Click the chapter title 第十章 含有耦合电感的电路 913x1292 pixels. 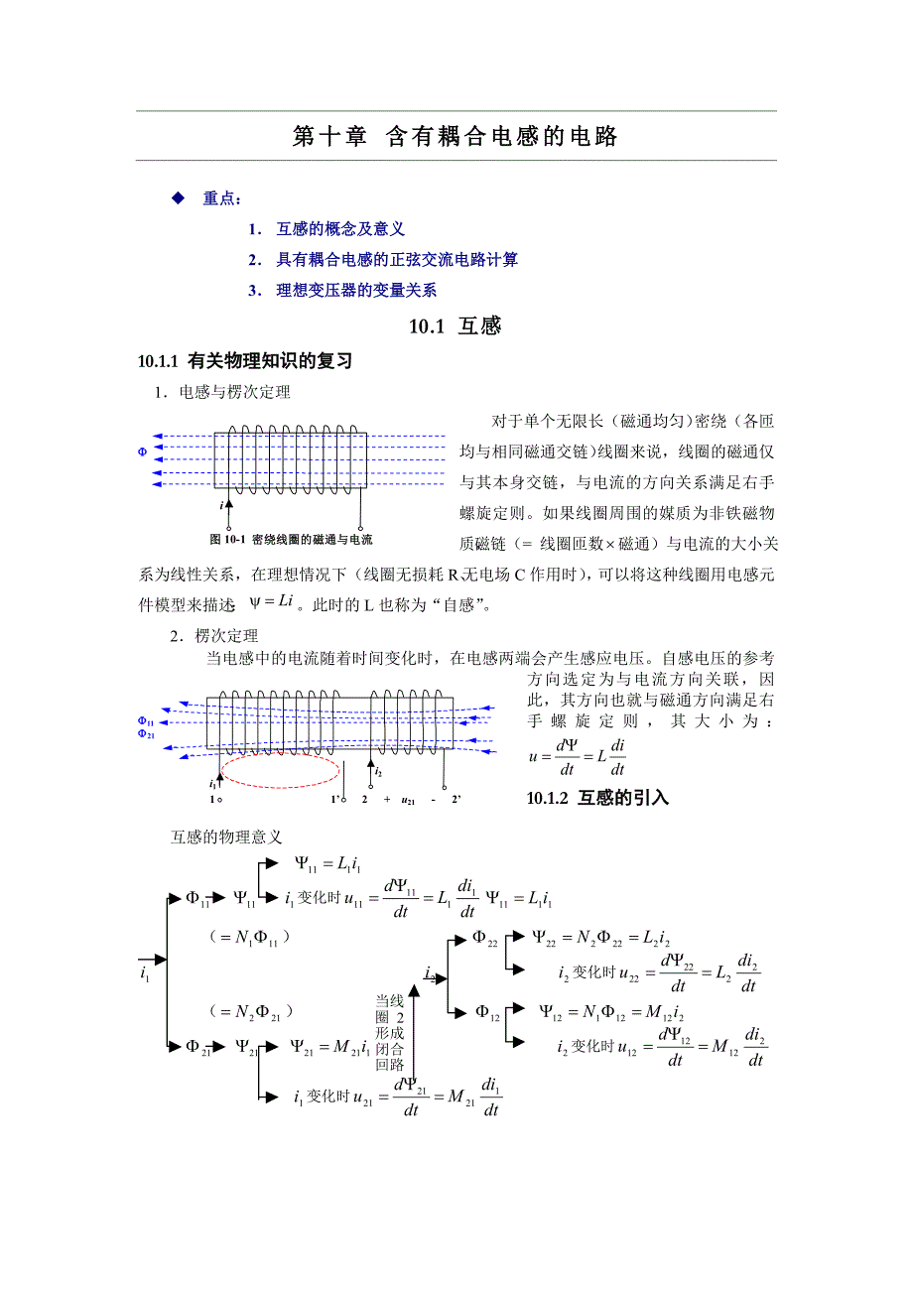[456, 137]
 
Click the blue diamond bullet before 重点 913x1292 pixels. [179, 198]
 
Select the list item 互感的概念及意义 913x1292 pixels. [340, 229]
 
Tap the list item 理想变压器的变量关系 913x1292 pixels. [356, 291]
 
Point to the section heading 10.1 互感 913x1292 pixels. [456, 325]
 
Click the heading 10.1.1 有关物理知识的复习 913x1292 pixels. [245, 361]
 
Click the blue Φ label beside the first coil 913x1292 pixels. [142, 452]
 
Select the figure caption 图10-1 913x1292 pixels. [291, 540]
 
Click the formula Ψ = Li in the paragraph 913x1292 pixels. [272, 601]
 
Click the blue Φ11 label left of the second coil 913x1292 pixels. [145, 721]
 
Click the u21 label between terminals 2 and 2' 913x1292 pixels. [407, 799]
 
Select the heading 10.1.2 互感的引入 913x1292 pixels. [597, 798]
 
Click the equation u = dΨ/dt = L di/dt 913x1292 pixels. [578, 757]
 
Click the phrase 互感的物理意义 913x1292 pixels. [227, 838]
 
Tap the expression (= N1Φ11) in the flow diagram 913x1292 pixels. [248, 937]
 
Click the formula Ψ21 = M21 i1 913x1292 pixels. [331, 1046]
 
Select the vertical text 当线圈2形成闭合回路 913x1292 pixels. [388, 1032]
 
